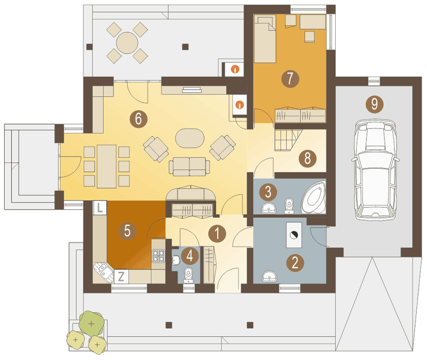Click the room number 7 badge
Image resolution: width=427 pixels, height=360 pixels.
click(x=290, y=79)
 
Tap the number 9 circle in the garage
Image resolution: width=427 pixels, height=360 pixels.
click(x=374, y=104)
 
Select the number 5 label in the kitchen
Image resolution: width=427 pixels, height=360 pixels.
click(x=127, y=231)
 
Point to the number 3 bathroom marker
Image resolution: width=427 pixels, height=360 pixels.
click(x=268, y=192)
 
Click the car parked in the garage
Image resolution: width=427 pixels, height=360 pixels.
click(x=375, y=170)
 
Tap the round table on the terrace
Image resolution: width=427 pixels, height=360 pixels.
click(x=127, y=43)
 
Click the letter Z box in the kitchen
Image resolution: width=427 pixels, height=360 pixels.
click(x=121, y=277)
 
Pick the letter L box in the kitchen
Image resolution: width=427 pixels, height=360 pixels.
click(x=100, y=208)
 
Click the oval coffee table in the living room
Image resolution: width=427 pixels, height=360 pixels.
click(x=190, y=138)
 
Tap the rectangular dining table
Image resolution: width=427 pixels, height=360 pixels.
click(x=107, y=166)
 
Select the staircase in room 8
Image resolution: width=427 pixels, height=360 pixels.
click(x=288, y=140)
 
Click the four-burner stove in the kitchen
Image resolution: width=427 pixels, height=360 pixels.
click(x=158, y=256)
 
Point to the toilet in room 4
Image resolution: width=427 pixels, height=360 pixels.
click(x=188, y=275)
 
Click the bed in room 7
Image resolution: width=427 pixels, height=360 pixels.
click(x=265, y=39)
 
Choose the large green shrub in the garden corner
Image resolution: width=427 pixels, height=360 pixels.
click(x=92, y=323)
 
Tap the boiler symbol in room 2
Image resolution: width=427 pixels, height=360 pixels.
click(x=294, y=235)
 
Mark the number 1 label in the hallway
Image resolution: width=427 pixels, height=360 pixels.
click(x=217, y=233)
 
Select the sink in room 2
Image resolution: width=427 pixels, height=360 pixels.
click(x=269, y=277)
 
